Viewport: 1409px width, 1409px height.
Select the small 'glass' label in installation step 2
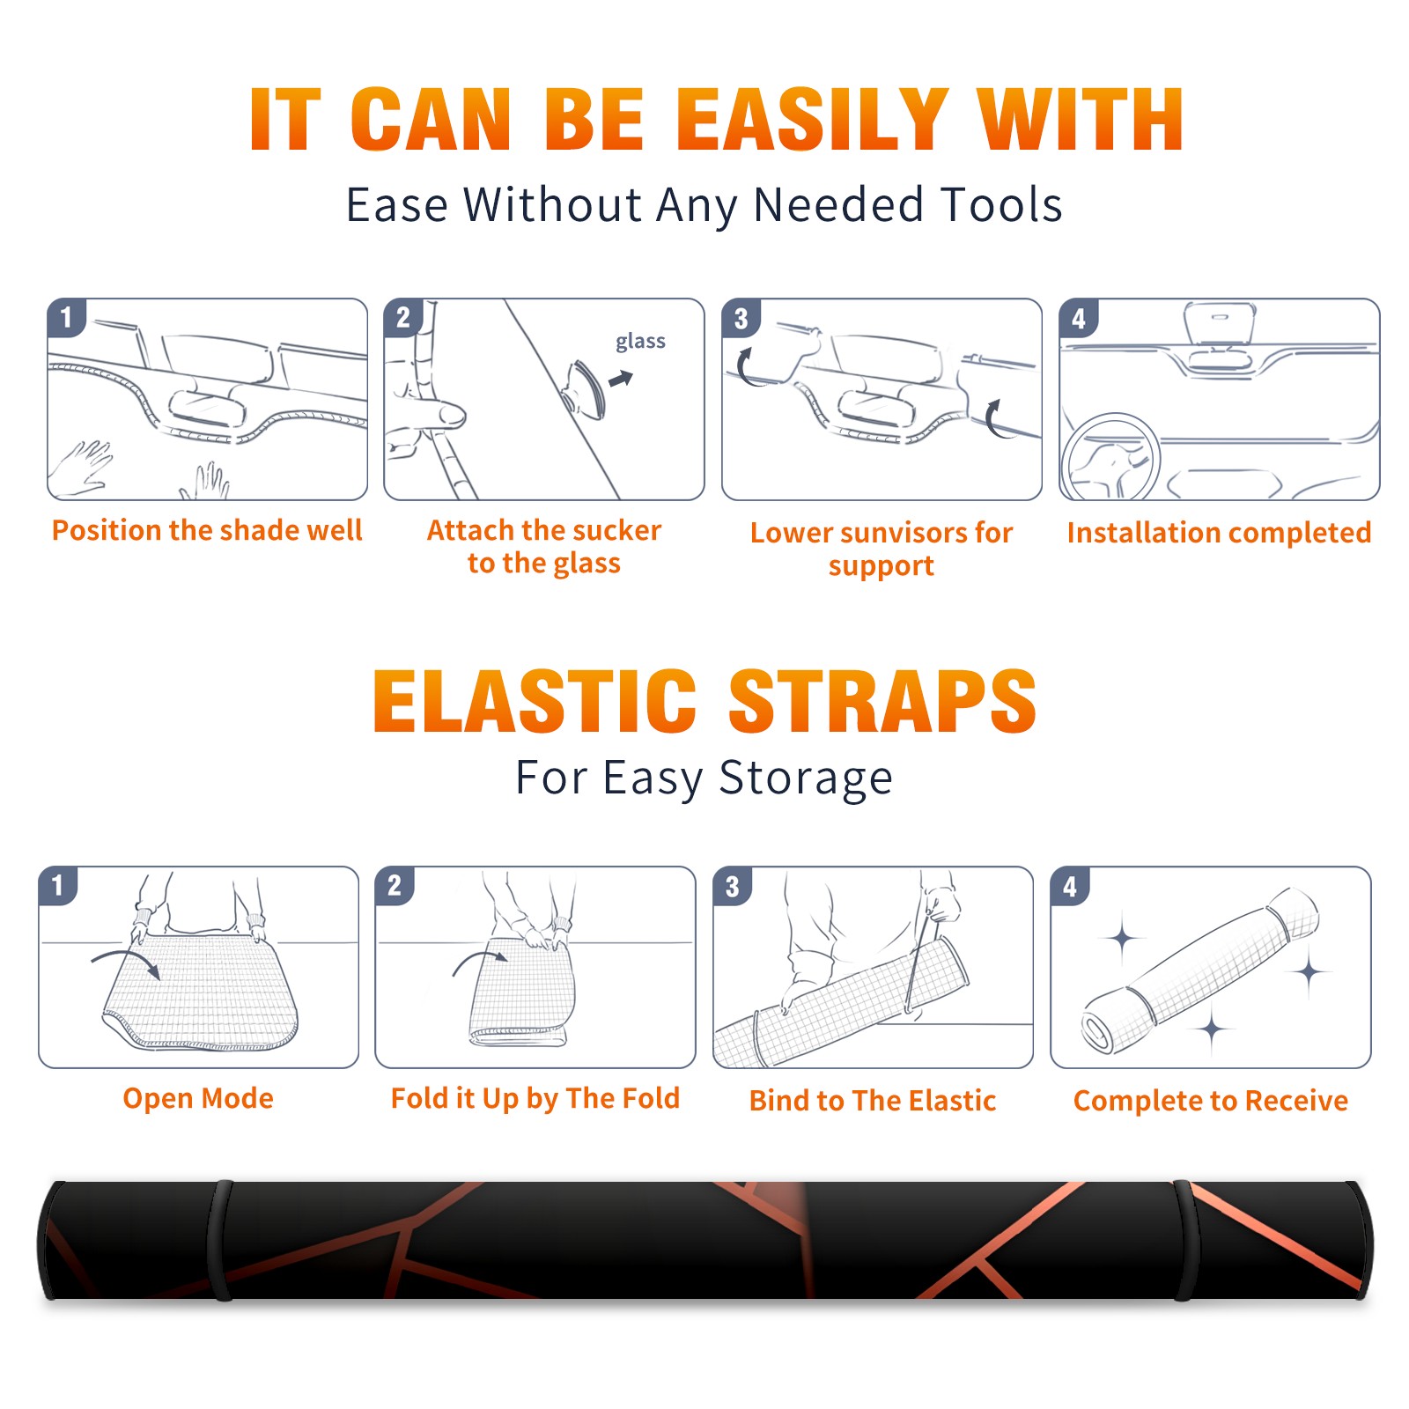click(640, 342)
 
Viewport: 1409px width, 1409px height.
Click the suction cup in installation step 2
click(586, 388)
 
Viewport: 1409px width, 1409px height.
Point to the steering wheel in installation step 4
click(1111, 457)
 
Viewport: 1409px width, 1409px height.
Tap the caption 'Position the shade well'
click(207, 530)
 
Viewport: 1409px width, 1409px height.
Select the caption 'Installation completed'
click(1219, 533)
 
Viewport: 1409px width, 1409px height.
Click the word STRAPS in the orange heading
click(882, 701)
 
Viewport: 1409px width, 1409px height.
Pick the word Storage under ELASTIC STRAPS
click(806, 778)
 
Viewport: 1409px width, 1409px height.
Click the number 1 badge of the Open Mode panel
click(58, 886)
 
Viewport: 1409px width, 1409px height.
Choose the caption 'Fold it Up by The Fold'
click(535, 1098)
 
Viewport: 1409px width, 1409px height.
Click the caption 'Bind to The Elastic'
click(873, 1101)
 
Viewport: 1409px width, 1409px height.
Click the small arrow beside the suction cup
click(621, 379)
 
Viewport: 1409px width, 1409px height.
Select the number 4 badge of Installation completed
click(1079, 318)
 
